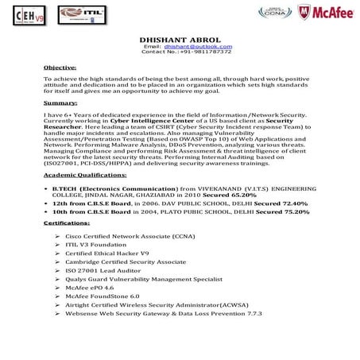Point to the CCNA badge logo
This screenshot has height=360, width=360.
pos(271,12)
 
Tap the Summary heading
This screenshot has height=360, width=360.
pos(60,104)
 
